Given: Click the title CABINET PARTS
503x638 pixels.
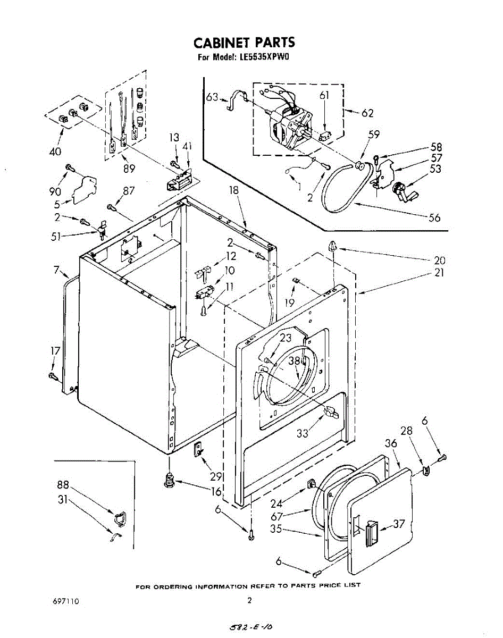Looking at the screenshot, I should (244, 43).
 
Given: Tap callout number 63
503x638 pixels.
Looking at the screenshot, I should (212, 97).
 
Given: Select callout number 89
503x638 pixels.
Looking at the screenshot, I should (129, 169).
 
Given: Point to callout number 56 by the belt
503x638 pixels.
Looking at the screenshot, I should (434, 217).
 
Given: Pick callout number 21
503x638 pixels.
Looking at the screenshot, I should (439, 273).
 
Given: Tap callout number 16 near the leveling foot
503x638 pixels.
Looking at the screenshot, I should (215, 492).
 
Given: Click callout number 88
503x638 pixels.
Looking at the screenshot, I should (63, 485).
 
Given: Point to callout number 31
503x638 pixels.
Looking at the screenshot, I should (63, 500).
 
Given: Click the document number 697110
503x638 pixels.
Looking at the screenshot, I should (66, 601).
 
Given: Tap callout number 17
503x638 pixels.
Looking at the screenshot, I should (55, 351).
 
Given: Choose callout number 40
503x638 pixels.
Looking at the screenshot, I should (55, 152).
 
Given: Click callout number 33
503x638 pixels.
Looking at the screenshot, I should (303, 433).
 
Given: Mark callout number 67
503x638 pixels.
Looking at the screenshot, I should (291, 516).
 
